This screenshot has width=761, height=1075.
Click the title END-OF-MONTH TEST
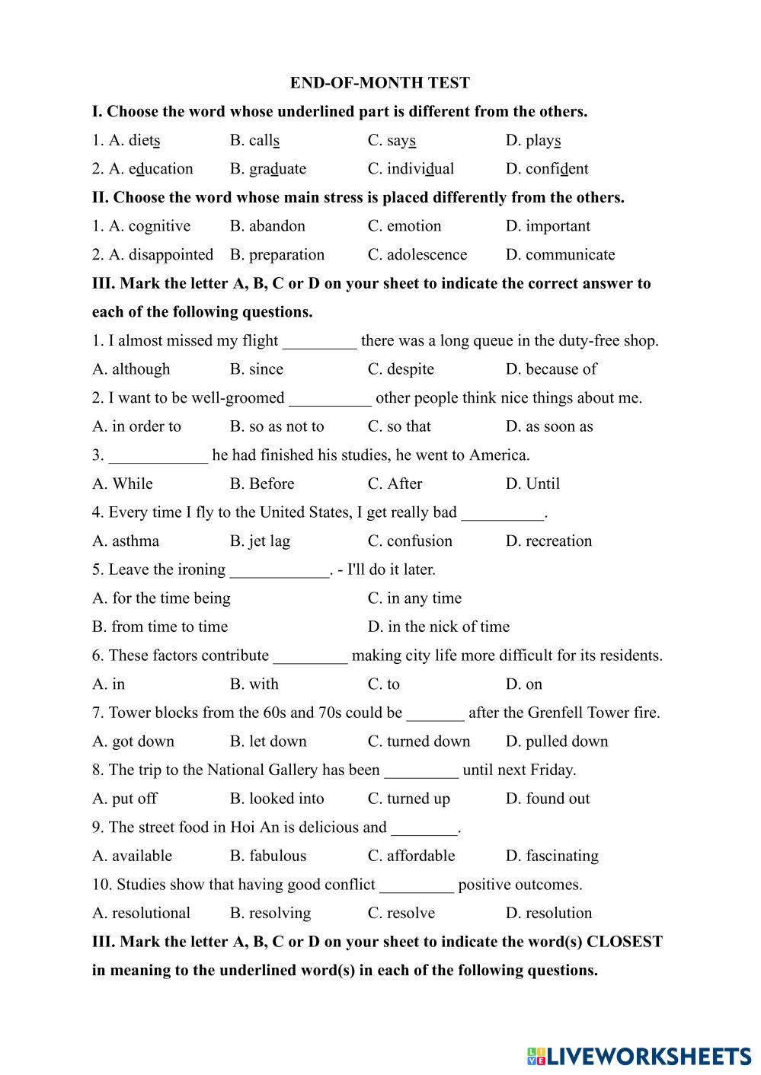[379, 83]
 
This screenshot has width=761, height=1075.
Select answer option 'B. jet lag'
[260, 541]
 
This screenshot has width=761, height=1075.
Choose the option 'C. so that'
[399, 426]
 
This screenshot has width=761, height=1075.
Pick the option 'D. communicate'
[560, 255]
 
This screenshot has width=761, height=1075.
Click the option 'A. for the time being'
[161, 598]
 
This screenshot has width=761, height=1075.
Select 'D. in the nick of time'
[439, 627]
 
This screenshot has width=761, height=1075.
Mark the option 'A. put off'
[125, 799]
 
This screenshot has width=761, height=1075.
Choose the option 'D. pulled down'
[557, 742]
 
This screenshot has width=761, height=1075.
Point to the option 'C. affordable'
[411, 856]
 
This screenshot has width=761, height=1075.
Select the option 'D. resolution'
[548, 913]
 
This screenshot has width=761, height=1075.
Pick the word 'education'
[161, 169]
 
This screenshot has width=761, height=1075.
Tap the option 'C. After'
[395, 484]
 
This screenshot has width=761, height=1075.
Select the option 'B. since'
[257, 369]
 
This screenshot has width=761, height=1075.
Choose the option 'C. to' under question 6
[384, 684]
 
